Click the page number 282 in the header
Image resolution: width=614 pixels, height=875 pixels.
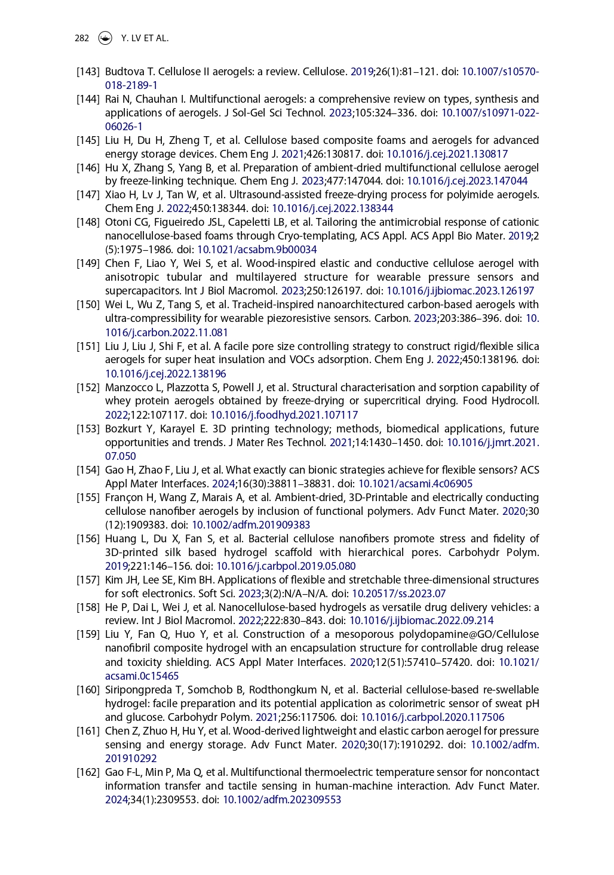[82, 38]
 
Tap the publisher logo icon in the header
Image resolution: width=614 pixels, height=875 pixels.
[105, 38]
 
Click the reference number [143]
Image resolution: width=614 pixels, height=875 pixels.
[88, 72]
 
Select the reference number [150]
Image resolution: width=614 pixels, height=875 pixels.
[88, 305]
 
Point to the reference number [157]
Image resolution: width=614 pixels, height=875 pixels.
[88, 580]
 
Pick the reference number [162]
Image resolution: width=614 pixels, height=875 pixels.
[88, 772]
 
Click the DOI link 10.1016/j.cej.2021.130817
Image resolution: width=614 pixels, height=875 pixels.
[447, 154]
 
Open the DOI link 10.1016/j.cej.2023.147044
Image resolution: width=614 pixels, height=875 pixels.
[467, 181]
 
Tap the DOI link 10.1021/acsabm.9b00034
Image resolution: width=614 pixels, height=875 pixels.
[257, 250]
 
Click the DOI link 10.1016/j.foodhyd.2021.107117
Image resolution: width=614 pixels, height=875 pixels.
[284, 415]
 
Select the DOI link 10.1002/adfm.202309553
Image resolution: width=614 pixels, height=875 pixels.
[282, 800]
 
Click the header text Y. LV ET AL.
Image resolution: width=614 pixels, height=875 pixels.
[145, 38]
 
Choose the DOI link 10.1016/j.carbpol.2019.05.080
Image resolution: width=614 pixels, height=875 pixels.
[285, 566]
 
